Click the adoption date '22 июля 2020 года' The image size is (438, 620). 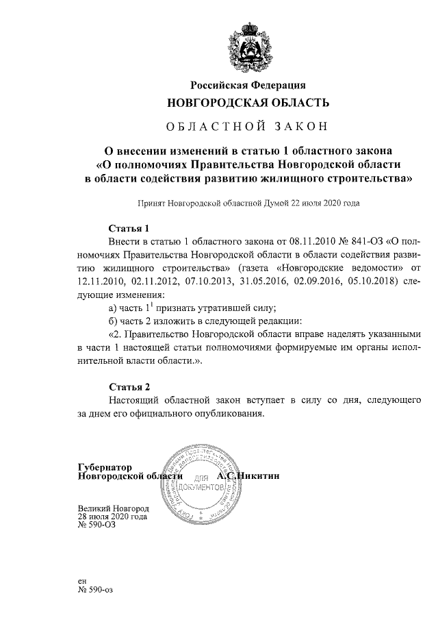[x=324, y=203]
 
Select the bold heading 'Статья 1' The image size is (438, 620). [x=129, y=228]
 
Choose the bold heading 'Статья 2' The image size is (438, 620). [x=129, y=386]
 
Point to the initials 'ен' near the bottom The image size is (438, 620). [x=82, y=580]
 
